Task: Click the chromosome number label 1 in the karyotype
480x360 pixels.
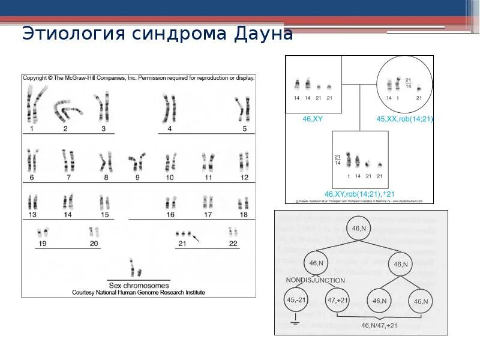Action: point(31,128)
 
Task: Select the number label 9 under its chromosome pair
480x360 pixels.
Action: point(137,178)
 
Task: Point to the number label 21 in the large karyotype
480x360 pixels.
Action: point(182,243)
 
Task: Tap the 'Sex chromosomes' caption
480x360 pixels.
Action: point(138,285)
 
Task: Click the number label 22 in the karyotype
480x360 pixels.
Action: point(233,243)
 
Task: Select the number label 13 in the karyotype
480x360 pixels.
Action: point(32,214)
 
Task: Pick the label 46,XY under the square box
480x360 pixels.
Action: point(313,119)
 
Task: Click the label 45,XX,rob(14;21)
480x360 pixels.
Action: point(404,119)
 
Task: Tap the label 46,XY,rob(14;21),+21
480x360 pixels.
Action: point(359,194)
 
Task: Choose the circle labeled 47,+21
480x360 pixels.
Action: point(337,300)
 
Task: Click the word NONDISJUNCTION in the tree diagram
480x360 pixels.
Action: point(315,280)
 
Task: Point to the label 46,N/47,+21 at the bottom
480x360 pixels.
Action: point(379,325)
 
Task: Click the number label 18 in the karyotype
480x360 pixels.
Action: point(243,214)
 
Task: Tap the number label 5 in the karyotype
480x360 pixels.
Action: point(244,128)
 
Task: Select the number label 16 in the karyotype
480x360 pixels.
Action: point(170,214)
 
